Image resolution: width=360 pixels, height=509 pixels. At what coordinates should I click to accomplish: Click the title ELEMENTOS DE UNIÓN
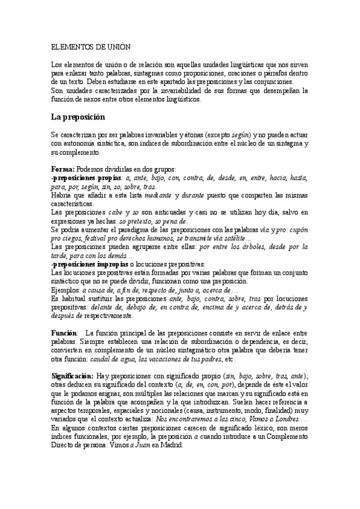(x=91, y=46)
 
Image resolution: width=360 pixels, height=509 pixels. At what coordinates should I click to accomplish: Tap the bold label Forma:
(x=62, y=170)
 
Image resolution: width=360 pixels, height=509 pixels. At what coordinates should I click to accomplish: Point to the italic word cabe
(x=116, y=212)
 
